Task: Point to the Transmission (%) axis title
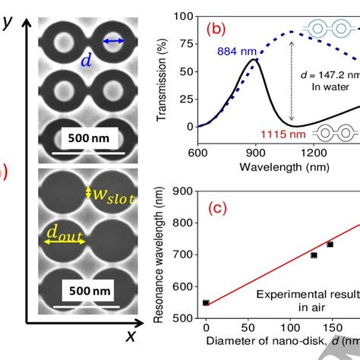tap(161, 68)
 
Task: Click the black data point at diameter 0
tap(206, 302)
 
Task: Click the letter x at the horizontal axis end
tap(131, 335)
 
